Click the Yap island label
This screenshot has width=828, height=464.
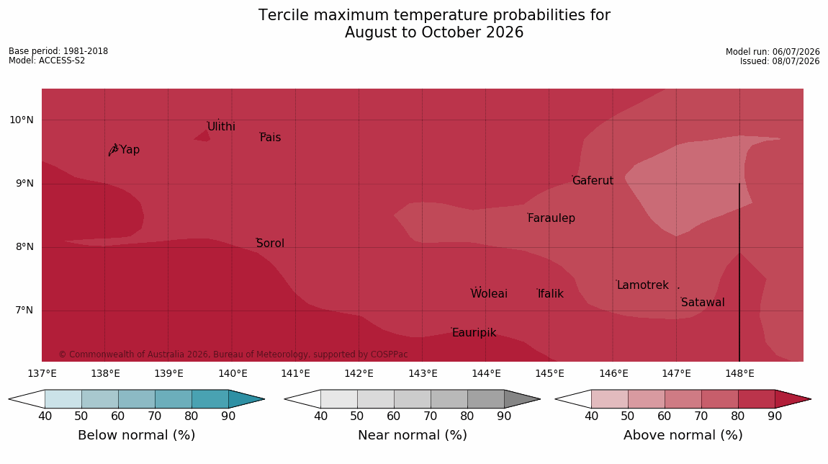tap(130, 150)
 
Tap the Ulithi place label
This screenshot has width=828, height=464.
tap(221, 127)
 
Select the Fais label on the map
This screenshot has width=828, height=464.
tap(271, 138)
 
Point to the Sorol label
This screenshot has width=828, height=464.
tap(271, 244)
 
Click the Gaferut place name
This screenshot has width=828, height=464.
tap(593, 181)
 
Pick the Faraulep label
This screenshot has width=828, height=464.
tap(552, 218)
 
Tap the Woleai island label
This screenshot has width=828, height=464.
tap(489, 294)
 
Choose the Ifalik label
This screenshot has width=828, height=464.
tap(551, 294)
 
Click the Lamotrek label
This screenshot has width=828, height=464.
tap(643, 285)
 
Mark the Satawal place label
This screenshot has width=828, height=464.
tap(703, 303)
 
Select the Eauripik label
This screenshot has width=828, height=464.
tap(474, 332)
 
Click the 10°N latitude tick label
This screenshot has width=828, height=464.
tap(21, 120)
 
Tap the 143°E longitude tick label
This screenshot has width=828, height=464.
tap(423, 374)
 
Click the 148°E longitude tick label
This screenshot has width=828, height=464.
tap(739, 374)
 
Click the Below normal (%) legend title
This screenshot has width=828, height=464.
tap(137, 435)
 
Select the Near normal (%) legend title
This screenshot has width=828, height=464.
tap(413, 435)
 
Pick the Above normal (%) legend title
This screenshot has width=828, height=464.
tap(683, 435)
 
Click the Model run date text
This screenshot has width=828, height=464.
tap(773, 52)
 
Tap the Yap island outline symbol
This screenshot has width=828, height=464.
tap(113, 150)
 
